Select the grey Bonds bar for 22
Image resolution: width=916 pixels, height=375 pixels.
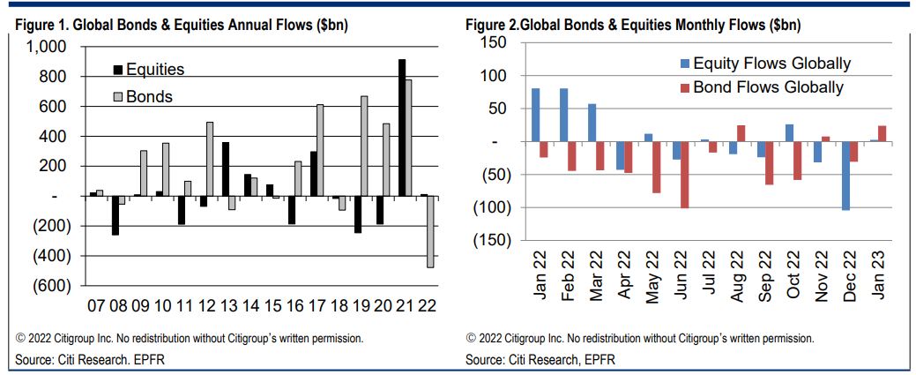431,231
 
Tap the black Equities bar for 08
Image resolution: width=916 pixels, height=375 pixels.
115,215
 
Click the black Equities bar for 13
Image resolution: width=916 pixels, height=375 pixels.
226,169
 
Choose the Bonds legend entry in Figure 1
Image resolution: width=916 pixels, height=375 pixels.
148,96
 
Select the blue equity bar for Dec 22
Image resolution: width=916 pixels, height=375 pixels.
845,176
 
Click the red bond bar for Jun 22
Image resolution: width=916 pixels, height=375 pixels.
684,175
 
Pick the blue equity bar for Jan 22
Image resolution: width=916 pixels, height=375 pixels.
535,115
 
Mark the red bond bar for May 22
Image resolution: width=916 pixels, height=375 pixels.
657,167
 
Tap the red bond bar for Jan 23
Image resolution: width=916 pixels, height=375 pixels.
882,133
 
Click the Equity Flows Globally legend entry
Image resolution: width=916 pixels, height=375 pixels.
771,63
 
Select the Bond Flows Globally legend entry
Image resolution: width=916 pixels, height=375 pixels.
768,87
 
